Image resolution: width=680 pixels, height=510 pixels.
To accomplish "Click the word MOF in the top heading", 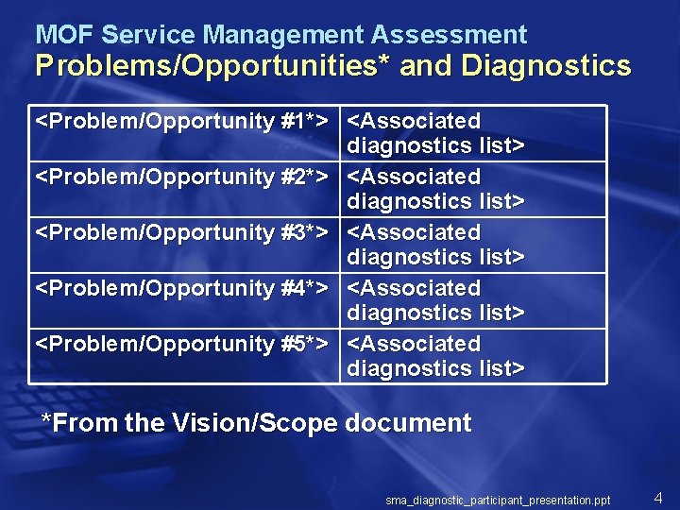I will pyautogui.click(x=64, y=36).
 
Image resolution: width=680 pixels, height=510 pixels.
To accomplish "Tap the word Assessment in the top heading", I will pyautogui.click(x=449, y=36).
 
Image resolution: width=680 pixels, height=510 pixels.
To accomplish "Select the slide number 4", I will pyautogui.click(x=658, y=497).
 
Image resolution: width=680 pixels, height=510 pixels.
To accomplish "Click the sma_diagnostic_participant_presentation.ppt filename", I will pyautogui.click(x=498, y=500).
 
